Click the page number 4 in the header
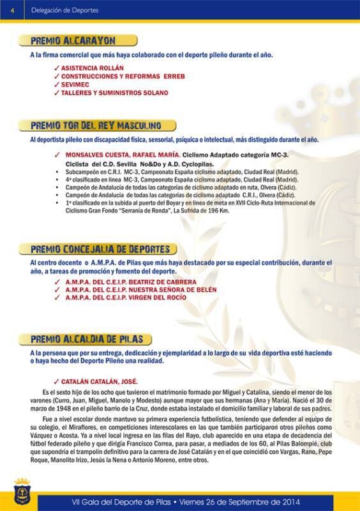13,8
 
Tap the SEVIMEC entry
76,84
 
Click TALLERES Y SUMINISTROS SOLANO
114,93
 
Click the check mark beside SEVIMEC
57,84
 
